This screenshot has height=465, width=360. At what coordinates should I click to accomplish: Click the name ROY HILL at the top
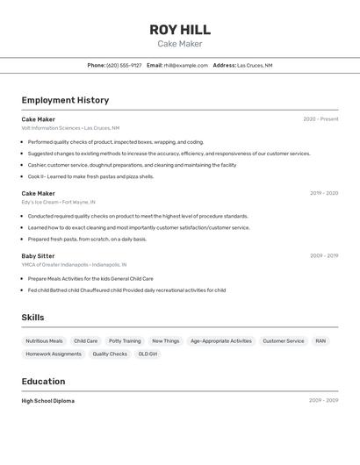(180, 30)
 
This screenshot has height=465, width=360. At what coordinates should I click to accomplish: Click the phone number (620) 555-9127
(124, 65)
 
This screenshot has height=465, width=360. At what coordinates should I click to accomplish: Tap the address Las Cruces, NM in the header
(255, 65)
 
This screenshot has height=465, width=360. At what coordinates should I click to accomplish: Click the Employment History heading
(65, 100)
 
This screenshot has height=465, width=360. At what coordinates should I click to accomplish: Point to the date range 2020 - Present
(320, 119)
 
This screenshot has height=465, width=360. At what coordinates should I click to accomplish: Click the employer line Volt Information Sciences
(70, 128)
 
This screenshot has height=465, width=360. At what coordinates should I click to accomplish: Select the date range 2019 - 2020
(323, 193)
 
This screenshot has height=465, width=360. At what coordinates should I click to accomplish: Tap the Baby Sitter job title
(38, 256)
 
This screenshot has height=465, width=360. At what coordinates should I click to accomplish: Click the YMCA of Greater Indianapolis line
(74, 264)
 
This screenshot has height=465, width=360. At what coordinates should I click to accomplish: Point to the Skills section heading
(32, 318)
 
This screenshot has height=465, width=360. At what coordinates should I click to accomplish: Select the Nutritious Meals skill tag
(44, 341)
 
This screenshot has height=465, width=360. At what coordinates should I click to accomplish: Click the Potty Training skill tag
(125, 341)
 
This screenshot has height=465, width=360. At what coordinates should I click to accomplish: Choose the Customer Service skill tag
(284, 341)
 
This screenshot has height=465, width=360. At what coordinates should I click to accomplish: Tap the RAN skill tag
(320, 341)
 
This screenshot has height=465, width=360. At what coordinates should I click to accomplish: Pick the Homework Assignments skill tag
(54, 354)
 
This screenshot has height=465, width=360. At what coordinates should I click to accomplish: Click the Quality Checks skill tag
(110, 354)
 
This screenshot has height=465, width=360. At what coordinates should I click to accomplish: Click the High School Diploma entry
(47, 401)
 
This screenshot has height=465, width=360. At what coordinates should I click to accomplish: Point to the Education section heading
(43, 382)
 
